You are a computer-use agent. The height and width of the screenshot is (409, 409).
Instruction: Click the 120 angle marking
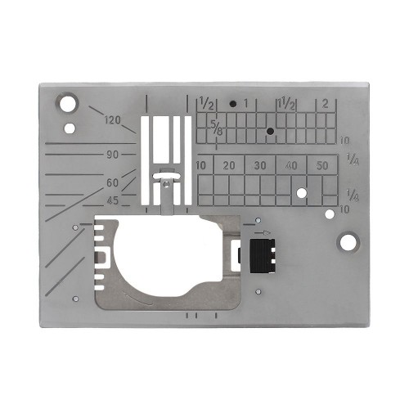click(113, 121)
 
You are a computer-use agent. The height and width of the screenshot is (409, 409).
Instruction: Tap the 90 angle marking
click(112, 154)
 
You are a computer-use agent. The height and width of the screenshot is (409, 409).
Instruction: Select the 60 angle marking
click(113, 182)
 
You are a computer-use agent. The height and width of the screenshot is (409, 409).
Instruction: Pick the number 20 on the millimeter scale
click(230, 165)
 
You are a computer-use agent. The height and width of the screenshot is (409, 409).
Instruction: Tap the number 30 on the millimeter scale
click(261, 165)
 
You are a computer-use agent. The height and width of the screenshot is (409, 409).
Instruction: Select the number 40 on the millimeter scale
click(292, 165)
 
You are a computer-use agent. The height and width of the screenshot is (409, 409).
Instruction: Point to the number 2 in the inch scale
click(326, 104)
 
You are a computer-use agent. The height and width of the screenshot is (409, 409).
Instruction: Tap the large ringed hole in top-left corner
click(65, 104)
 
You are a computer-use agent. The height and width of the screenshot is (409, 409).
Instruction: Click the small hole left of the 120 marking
click(70, 127)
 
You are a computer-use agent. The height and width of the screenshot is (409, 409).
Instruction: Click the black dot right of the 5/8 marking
click(269, 131)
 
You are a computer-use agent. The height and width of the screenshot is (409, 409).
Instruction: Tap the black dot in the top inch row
click(233, 105)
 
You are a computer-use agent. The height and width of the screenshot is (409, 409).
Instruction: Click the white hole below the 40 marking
click(302, 193)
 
